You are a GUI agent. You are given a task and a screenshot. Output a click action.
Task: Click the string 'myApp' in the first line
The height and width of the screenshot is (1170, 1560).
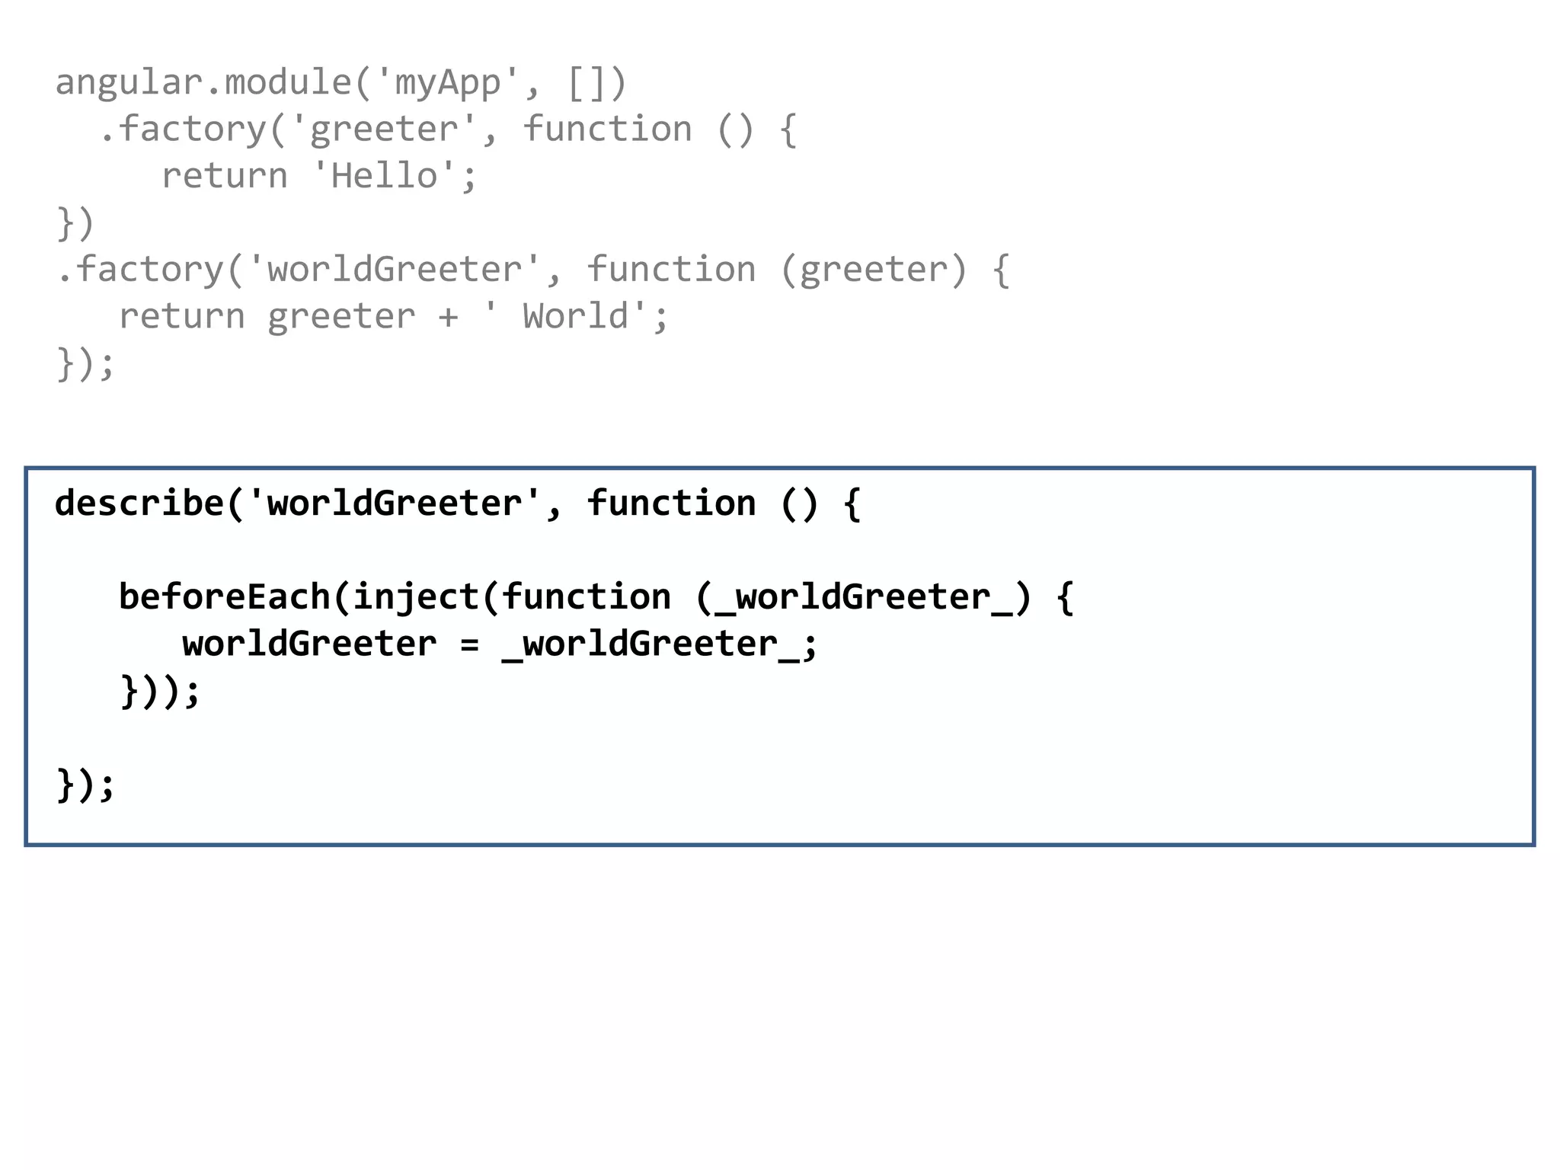448,82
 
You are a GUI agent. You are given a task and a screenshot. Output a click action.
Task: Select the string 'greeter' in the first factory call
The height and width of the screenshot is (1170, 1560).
384,129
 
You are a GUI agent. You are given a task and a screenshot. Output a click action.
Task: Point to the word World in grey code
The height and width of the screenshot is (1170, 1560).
576,316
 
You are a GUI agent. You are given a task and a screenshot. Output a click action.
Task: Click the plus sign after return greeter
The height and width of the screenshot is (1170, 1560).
448,317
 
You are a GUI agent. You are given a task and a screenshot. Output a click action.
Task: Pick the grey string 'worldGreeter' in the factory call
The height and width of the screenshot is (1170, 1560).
395,270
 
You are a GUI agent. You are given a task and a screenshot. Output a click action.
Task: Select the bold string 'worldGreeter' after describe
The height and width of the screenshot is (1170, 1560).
395,503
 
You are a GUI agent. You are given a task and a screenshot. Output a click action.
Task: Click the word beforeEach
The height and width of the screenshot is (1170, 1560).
224,597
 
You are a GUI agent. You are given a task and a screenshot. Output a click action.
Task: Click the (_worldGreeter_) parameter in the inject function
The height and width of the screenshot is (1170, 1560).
863,597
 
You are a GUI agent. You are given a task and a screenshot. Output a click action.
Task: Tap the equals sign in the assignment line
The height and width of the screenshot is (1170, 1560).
469,644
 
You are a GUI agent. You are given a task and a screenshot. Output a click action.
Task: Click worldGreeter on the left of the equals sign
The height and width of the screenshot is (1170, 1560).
309,644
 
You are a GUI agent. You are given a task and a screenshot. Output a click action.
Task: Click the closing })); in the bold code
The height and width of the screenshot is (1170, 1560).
160,692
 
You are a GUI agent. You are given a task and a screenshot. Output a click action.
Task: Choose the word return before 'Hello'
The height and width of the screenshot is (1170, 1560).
225,176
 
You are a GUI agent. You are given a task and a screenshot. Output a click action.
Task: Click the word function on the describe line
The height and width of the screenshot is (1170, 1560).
670,503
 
